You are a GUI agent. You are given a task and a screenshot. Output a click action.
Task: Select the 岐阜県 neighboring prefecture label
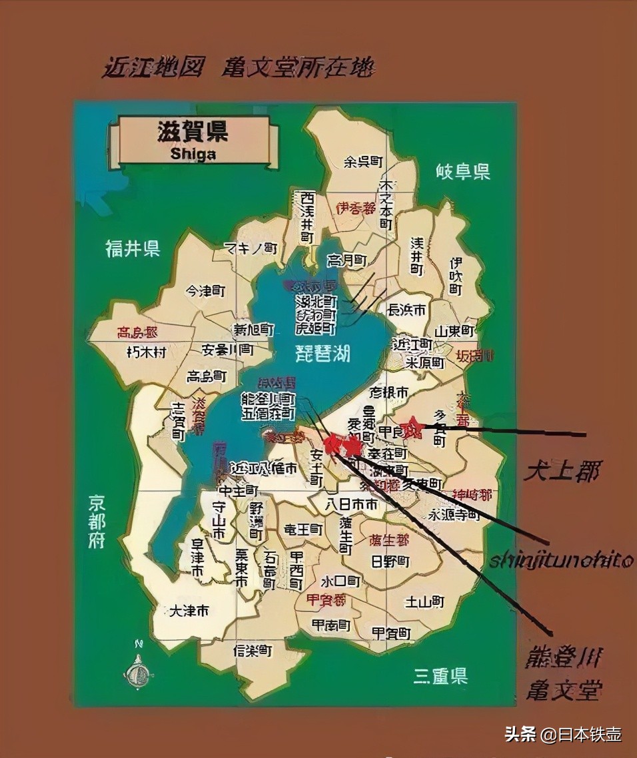[463, 172]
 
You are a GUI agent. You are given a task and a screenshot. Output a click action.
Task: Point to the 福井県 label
[133, 249]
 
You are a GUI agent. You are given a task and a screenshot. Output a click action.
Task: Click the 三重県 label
[440, 676]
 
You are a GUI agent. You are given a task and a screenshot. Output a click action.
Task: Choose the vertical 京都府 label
[97, 522]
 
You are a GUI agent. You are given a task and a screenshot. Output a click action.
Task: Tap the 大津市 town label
[189, 610]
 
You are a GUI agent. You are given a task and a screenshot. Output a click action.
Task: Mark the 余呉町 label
[363, 161]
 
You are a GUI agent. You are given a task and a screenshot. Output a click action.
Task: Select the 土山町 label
[424, 601]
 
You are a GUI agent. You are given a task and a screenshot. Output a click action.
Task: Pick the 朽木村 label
[146, 352]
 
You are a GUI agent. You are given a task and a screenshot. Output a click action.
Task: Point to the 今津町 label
[205, 291]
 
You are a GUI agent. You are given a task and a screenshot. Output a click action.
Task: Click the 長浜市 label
[406, 310]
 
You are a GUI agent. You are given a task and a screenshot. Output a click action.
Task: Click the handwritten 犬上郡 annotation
[561, 472]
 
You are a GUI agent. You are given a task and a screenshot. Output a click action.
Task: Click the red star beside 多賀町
[413, 426]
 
